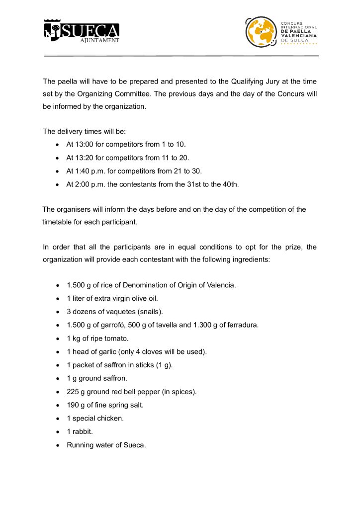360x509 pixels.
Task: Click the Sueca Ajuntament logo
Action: click(82, 31)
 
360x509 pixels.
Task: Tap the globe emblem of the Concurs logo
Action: click(261, 32)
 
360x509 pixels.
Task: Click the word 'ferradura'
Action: click(242, 325)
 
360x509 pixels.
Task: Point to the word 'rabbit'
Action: click(83, 432)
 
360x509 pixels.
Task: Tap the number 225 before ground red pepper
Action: click(73, 392)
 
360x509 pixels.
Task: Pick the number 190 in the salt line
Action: click(73, 405)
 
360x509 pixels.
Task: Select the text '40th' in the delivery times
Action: click(230, 184)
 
